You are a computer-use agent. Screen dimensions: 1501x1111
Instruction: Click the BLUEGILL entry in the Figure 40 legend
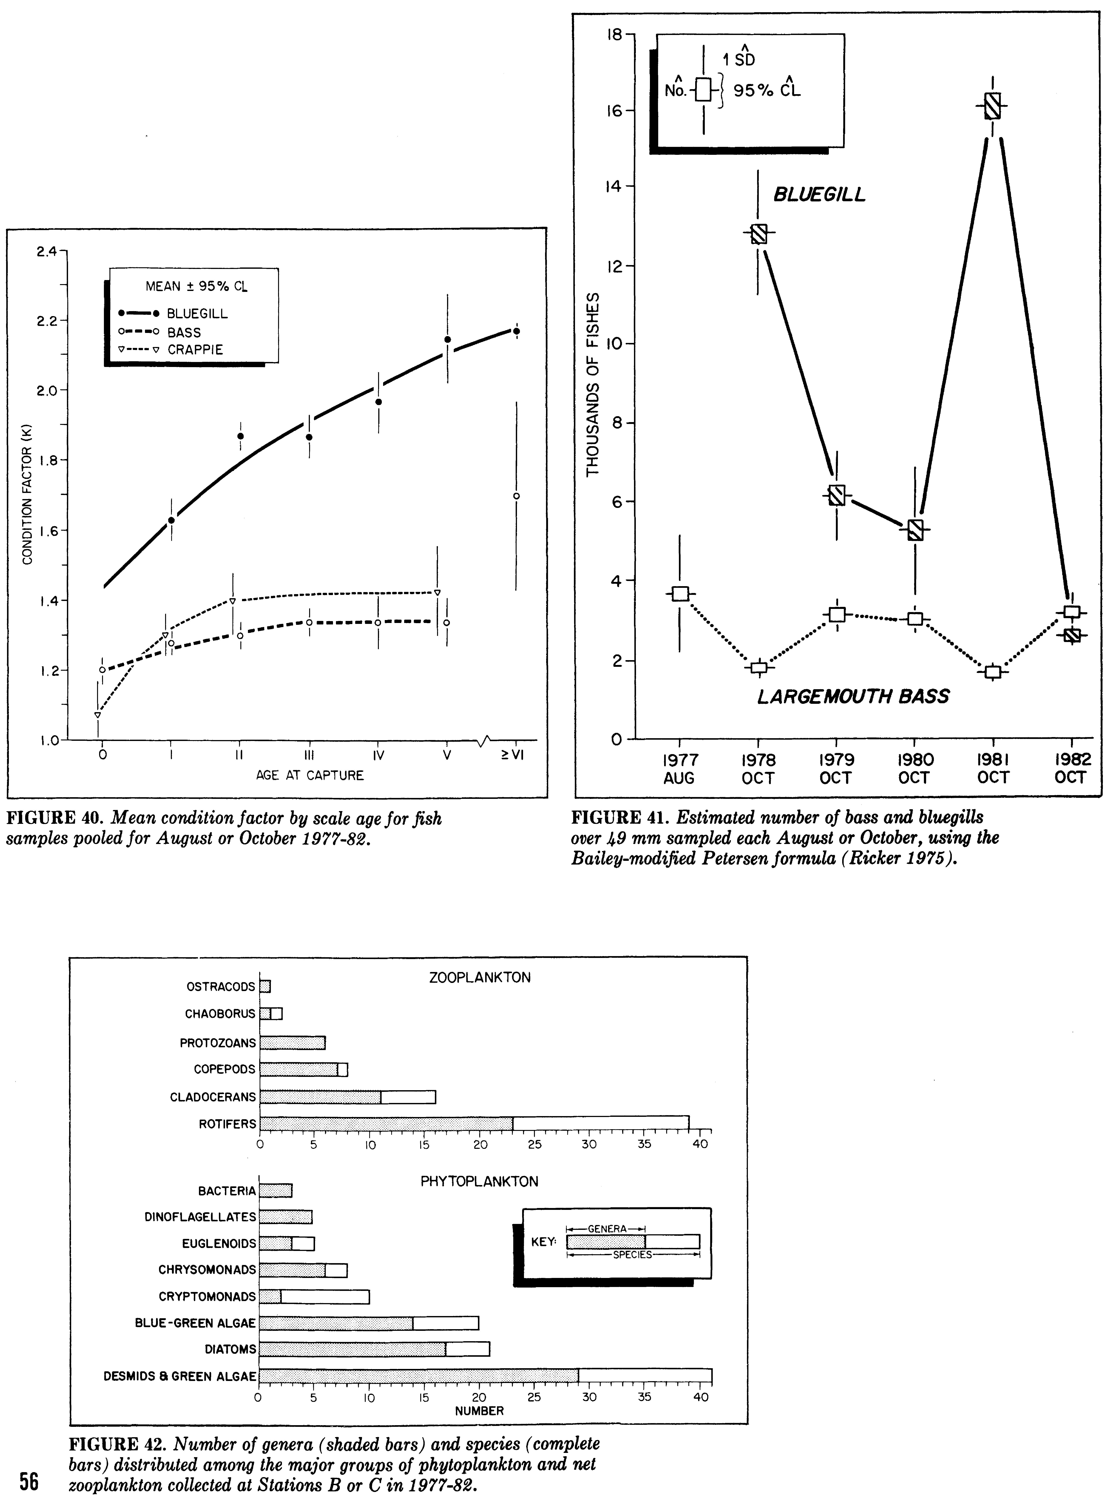click(x=197, y=314)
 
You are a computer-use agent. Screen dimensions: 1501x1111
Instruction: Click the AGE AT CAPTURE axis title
click(x=309, y=775)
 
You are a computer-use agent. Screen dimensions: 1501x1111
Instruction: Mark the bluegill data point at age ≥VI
click(x=517, y=331)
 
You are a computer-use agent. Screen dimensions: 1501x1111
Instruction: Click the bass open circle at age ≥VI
click(x=517, y=496)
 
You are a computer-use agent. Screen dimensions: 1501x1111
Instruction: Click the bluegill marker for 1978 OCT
click(x=759, y=233)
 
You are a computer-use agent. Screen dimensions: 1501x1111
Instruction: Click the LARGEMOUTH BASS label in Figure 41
click(x=853, y=696)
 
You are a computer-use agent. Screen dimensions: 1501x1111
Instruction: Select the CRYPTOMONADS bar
click(x=314, y=1296)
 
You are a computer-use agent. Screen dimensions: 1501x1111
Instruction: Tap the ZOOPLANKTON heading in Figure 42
click(x=479, y=978)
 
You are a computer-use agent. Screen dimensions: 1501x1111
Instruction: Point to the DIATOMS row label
click(x=230, y=1349)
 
